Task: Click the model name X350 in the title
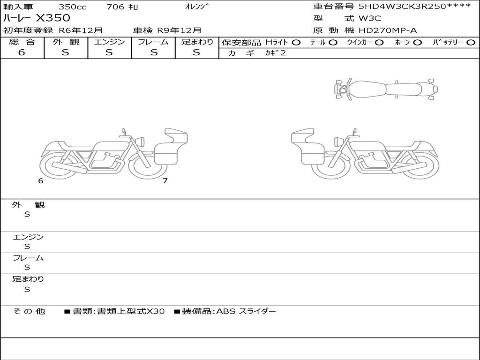tap(53, 18)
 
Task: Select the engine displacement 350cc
tap(72, 7)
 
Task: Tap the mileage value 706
tap(115, 7)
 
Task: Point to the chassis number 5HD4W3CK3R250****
tap(414, 6)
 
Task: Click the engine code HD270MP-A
tap(388, 30)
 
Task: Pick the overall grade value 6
tap(22, 52)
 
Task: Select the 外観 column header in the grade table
tap(66, 42)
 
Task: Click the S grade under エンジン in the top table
tap(109, 52)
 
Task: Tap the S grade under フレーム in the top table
tap(154, 52)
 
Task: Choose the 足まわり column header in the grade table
tap(197, 42)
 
